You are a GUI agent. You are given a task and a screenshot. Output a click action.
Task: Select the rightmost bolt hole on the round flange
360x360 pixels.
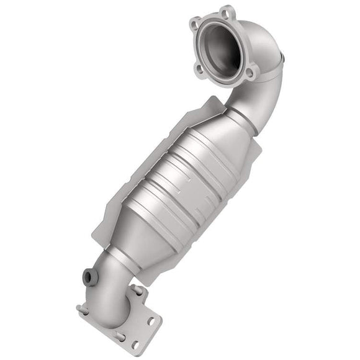[x=250, y=73]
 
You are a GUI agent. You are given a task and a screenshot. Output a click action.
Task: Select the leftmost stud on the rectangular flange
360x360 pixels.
[x=78, y=308]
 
